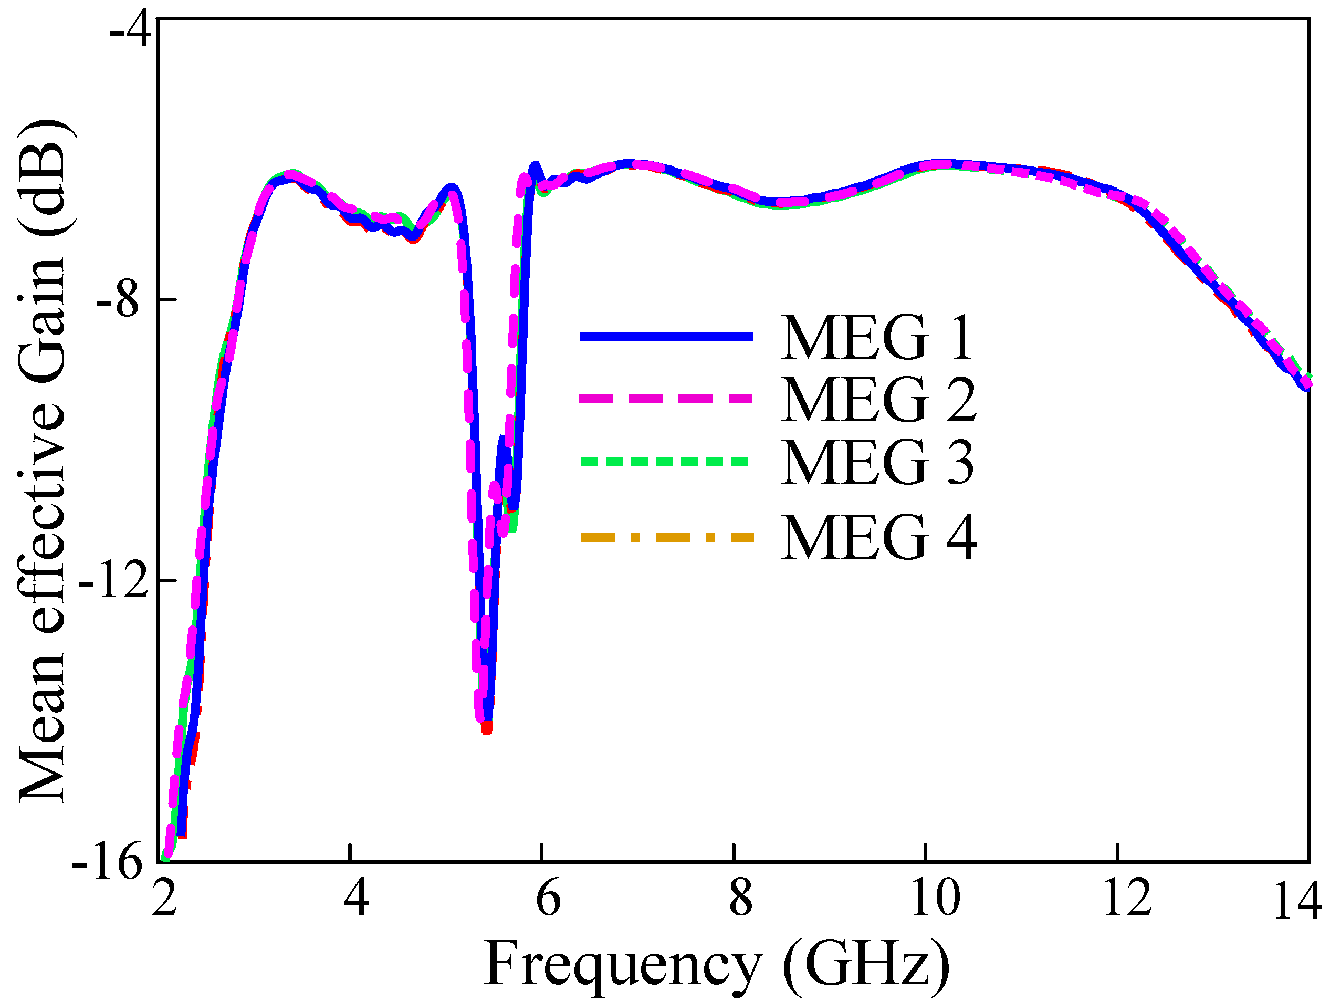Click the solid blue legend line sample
click(666, 336)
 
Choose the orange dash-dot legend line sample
click(666, 537)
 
